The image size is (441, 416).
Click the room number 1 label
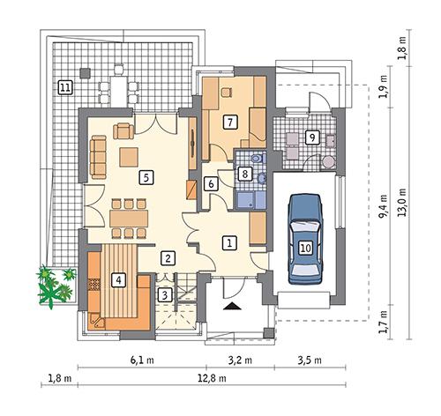[228, 241]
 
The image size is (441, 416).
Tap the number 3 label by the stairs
[164, 295]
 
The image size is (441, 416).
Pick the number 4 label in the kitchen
[119, 281]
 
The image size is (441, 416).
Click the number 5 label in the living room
[145, 176]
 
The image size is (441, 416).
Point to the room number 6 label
[211, 184]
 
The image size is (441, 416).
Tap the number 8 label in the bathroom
[244, 175]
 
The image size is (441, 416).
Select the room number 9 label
[310, 137]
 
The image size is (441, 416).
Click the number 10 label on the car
[305, 249]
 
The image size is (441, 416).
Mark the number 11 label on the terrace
[64, 86]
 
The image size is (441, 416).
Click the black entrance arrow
[233, 307]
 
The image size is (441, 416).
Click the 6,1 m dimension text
[142, 360]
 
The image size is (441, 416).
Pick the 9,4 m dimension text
[381, 214]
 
